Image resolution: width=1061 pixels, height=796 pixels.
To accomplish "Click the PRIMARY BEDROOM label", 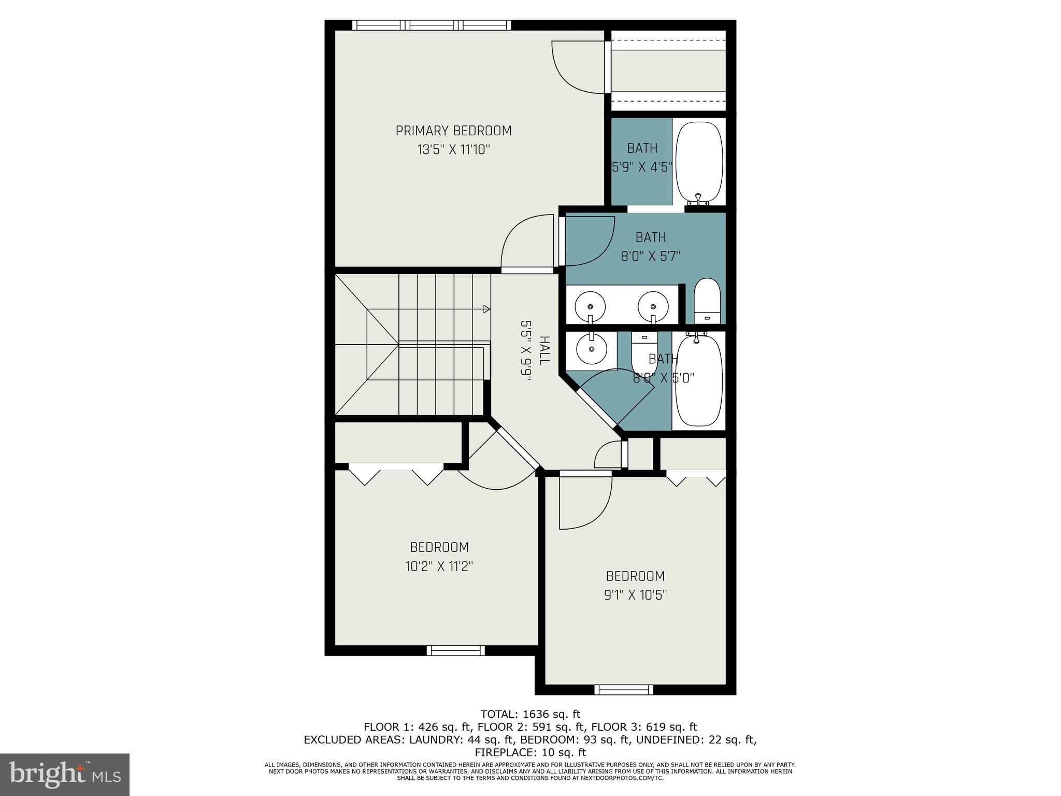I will (x=453, y=131).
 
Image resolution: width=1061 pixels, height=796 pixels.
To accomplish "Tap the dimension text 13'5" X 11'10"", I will (x=453, y=150).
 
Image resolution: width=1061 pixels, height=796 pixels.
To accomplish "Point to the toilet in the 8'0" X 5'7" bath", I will (x=707, y=301).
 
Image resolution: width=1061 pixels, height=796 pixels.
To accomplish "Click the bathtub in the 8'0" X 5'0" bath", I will (x=699, y=381).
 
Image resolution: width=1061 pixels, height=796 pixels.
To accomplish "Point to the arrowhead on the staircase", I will (x=486, y=309).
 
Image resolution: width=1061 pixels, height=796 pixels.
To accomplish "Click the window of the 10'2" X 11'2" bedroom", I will (x=455, y=650).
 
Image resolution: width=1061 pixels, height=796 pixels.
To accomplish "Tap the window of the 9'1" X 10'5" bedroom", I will (x=623, y=690).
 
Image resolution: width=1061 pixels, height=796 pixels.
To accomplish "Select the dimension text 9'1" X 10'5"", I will (x=635, y=595).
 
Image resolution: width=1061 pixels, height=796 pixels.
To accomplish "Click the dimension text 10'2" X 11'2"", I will (x=439, y=566).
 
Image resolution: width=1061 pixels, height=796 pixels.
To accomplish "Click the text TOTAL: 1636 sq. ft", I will (x=530, y=714).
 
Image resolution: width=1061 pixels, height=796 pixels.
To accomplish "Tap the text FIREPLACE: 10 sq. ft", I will (x=530, y=752).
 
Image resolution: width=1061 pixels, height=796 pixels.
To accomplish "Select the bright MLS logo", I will (x=65, y=774).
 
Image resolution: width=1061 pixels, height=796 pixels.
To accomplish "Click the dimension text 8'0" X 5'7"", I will (x=650, y=256).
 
